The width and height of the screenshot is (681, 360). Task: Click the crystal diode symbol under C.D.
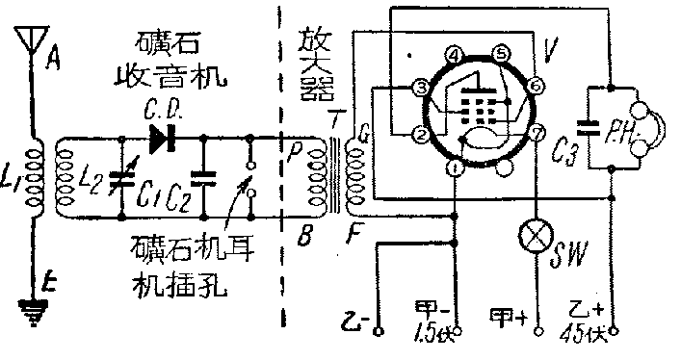(x=161, y=140)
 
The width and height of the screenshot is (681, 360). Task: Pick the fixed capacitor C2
(x=204, y=177)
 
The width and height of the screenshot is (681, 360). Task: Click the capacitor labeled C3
(x=588, y=124)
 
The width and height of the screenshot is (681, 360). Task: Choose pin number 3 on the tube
(x=421, y=88)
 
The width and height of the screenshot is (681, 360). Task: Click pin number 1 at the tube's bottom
(x=455, y=169)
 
